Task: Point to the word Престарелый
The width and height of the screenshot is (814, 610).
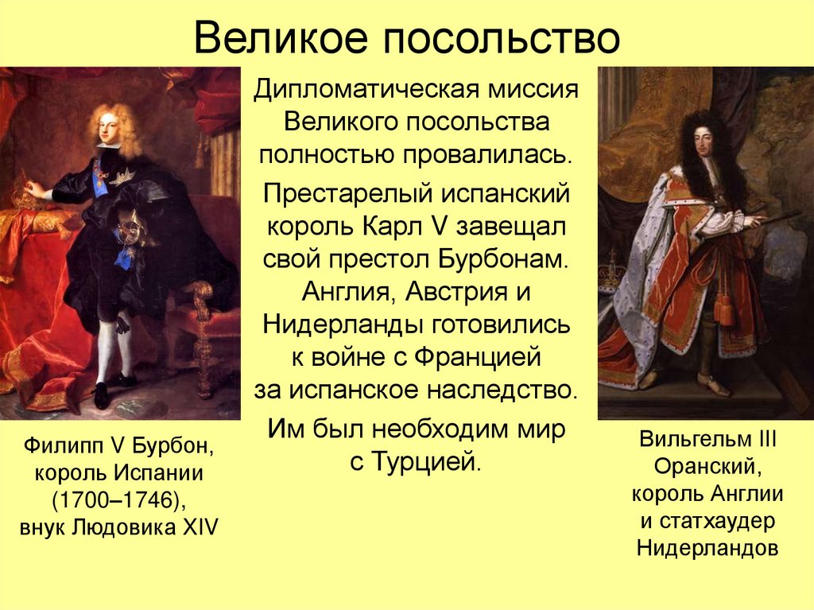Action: click(x=351, y=193)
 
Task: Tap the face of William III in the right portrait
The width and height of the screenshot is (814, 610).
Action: click(x=703, y=146)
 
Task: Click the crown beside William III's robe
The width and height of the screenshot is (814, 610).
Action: click(x=610, y=274)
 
